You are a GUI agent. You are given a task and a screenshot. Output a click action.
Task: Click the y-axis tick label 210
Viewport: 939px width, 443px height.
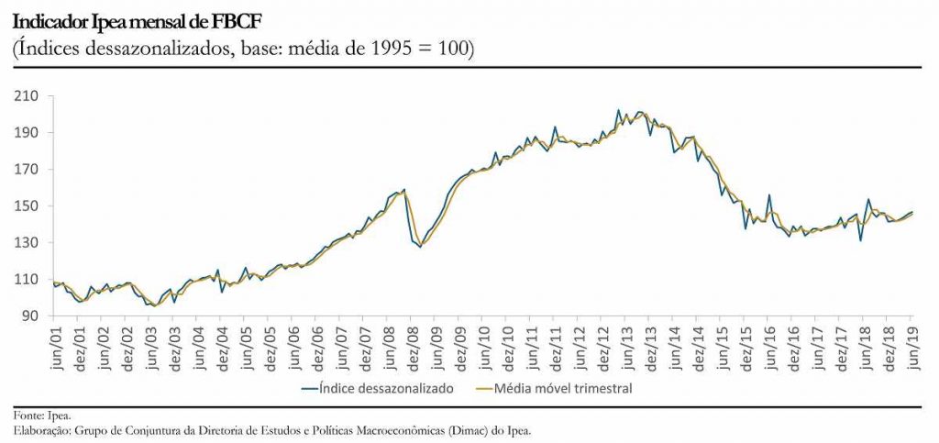pos(26,96)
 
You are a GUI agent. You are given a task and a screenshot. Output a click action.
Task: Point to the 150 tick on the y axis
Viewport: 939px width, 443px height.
pos(26,206)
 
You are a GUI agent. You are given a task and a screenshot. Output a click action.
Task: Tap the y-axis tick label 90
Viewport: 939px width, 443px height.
pos(29,316)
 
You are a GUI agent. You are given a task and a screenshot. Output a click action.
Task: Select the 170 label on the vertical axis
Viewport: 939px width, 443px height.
pos(26,170)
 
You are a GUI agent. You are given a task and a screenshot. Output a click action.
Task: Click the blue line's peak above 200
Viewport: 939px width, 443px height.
pos(618,110)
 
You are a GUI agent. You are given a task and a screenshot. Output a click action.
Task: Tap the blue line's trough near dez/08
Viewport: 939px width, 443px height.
pos(421,247)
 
